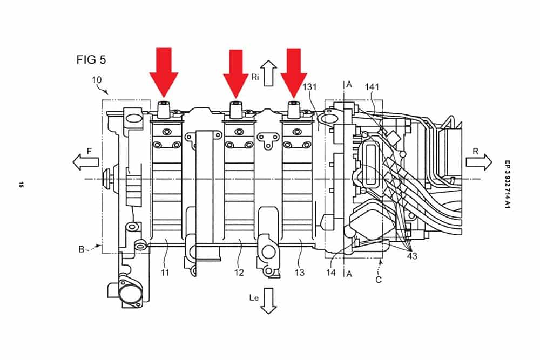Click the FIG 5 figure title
click(91, 60)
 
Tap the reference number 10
click(97, 80)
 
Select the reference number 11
click(165, 273)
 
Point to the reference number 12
click(239, 273)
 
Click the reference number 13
click(300, 273)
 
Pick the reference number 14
click(331, 273)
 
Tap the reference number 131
click(310, 86)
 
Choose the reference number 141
click(373, 86)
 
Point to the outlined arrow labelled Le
click(268, 300)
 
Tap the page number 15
click(20, 185)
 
